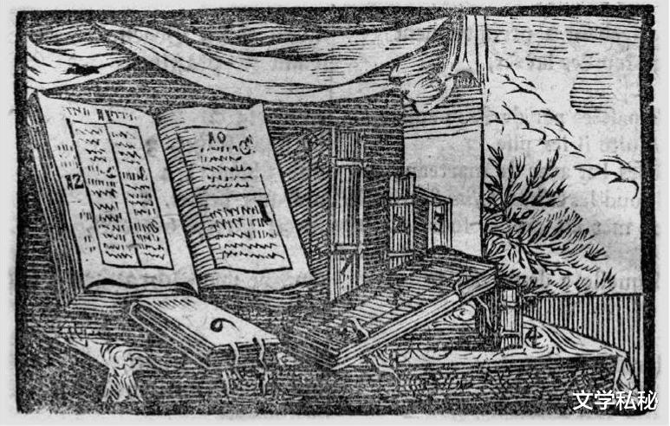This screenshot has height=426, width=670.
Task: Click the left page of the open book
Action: (x=117, y=190)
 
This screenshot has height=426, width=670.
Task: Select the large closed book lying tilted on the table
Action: (x=390, y=303)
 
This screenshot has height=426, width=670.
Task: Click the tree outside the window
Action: (x=537, y=216)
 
